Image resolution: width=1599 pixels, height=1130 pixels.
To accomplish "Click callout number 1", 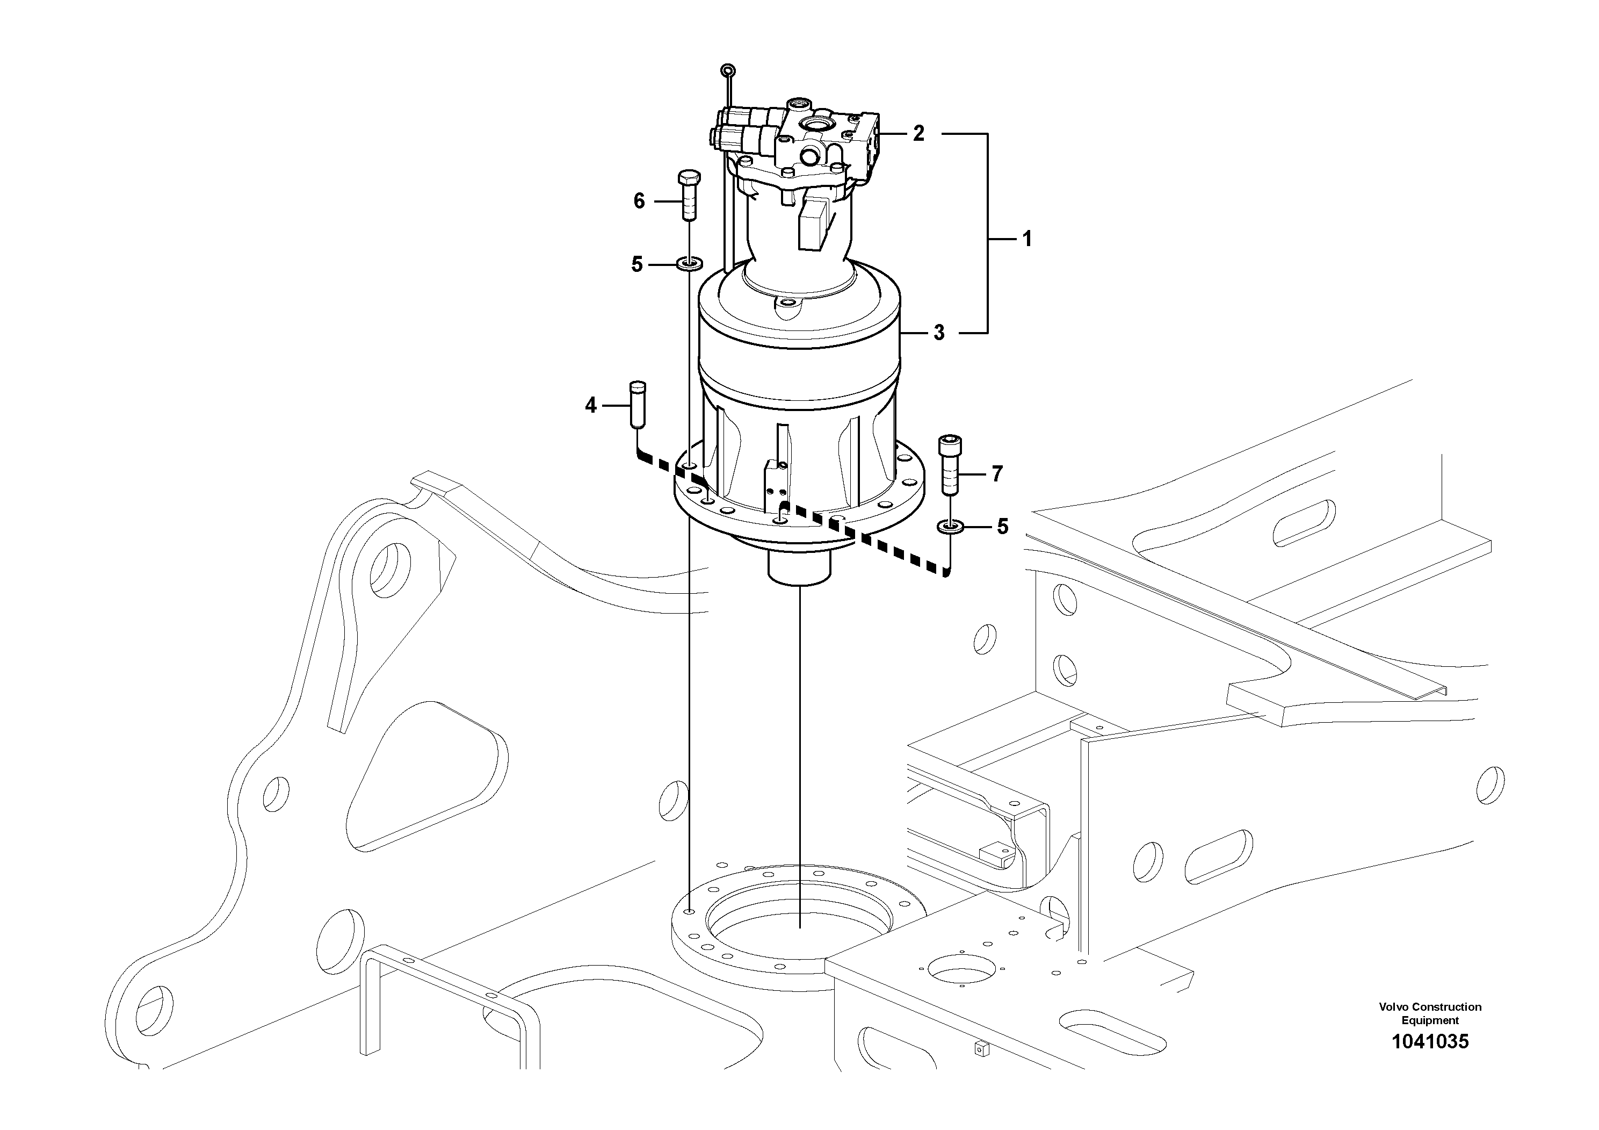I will tap(1026, 239).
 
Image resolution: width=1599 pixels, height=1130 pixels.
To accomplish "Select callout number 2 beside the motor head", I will tap(918, 134).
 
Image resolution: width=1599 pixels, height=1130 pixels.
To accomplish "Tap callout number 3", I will tap(939, 333).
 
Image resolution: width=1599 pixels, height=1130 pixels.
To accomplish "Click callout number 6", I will tap(639, 201).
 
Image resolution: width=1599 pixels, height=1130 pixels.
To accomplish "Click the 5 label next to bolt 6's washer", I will tap(636, 265).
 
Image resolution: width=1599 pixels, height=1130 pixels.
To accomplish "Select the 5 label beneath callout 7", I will tap(1002, 527).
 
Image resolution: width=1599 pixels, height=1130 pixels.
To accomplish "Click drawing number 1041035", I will tap(1430, 1061).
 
